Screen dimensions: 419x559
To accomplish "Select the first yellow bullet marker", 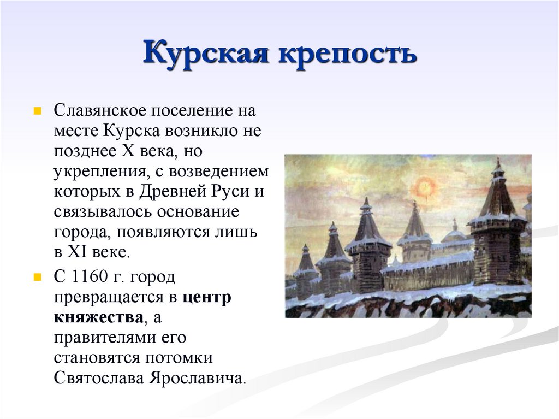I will [x=37, y=111].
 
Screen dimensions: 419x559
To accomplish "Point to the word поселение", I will [x=189, y=111].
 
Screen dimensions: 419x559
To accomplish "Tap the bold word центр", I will [x=206, y=298].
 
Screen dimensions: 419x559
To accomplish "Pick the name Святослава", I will [x=97, y=378].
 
